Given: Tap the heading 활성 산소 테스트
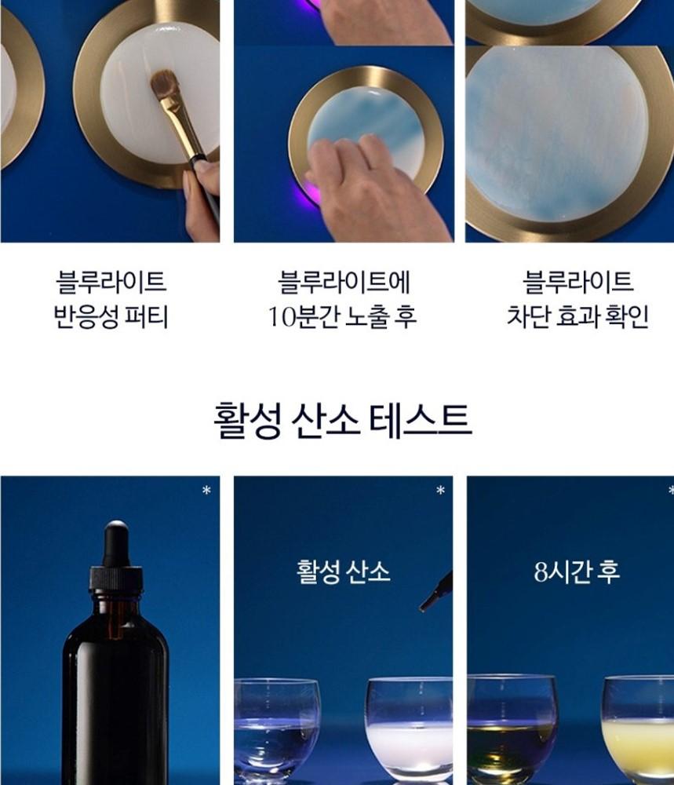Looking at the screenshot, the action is (342, 421).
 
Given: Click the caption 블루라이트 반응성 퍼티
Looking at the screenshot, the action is (111, 299).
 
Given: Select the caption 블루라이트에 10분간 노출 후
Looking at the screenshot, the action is (343, 299).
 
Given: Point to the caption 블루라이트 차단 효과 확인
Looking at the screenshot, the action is (577, 299).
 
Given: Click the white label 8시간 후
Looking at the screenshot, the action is (577, 571).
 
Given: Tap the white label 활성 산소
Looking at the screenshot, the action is (343, 571).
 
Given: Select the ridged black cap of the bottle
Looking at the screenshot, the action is (116, 579).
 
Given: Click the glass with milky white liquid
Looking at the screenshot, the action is (410, 731).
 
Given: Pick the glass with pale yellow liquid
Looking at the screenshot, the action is (638, 730).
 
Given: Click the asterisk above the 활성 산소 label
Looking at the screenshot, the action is (440, 490).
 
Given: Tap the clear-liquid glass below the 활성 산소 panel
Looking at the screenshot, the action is (277, 731).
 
